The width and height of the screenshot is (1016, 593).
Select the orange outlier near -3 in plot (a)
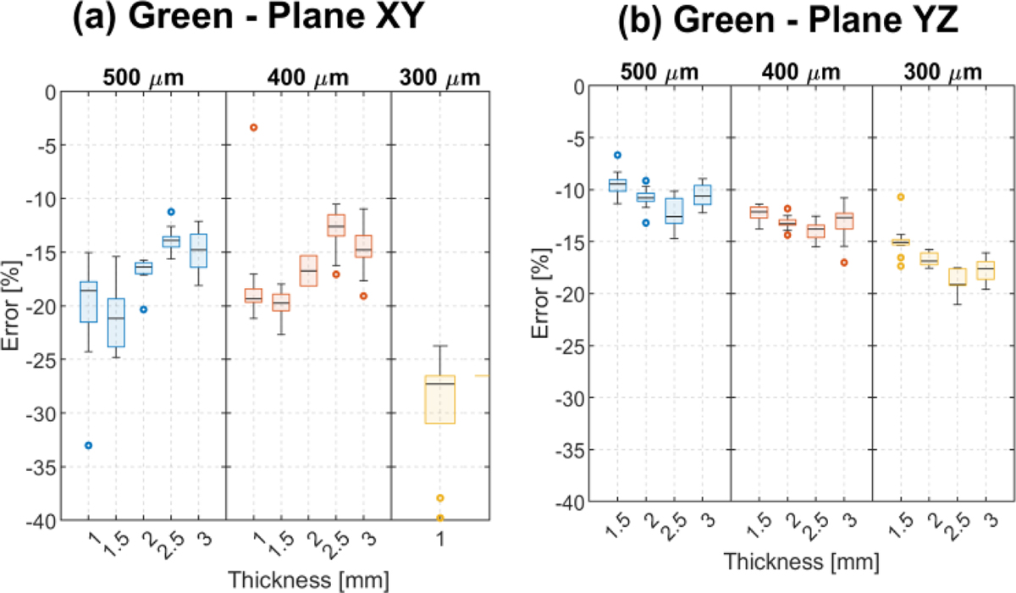(x=253, y=127)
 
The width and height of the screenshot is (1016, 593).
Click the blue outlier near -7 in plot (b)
(x=618, y=155)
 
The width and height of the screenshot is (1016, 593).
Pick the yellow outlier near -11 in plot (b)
(x=902, y=197)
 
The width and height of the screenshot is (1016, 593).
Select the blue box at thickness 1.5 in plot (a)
(x=115, y=323)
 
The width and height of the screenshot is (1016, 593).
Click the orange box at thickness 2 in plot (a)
(x=308, y=270)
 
